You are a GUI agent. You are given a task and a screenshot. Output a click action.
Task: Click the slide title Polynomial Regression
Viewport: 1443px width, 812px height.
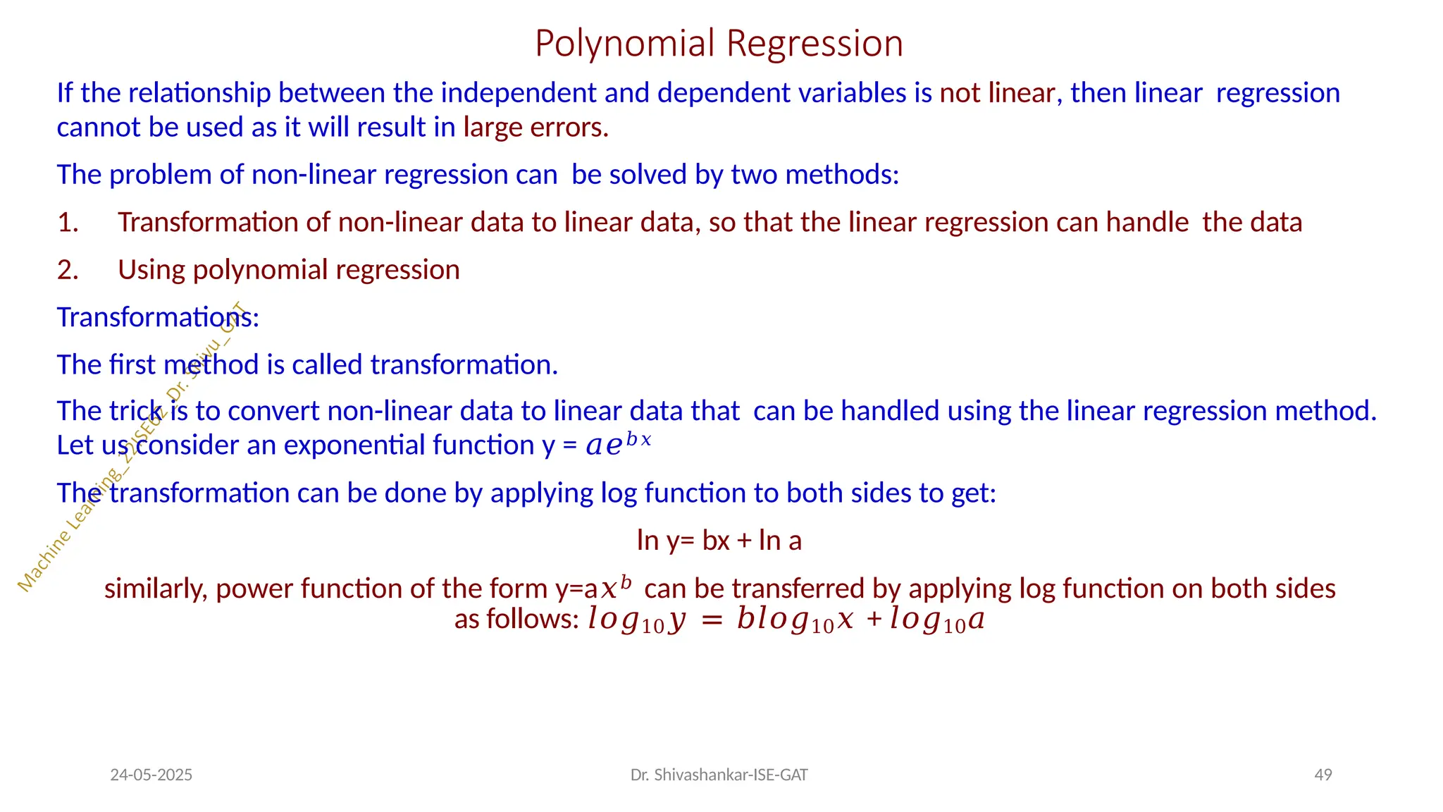click(719, 44)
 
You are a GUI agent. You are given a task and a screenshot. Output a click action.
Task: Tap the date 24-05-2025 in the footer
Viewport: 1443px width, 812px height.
click(151, 775)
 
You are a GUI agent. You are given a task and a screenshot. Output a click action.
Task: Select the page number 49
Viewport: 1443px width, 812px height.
click(1323, 775)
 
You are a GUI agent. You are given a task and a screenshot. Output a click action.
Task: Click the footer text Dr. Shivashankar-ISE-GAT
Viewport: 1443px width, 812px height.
click(719, 775)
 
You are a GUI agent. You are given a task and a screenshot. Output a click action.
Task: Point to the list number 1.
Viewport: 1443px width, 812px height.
click(68, 223)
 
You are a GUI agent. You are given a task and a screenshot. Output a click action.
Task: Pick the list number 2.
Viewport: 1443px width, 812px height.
click(68, 271)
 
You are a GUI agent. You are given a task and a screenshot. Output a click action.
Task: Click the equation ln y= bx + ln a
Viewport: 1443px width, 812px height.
click(719, 541)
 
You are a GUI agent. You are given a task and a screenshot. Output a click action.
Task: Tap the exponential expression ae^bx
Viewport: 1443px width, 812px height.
click(618, 444)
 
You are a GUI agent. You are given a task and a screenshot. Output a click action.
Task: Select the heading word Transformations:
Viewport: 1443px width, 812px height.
click(158, 318)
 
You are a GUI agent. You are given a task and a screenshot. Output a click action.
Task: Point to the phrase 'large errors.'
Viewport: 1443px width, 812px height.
click(535, 128)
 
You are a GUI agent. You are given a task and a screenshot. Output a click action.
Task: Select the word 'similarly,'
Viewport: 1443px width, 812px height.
click(156, 589)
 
